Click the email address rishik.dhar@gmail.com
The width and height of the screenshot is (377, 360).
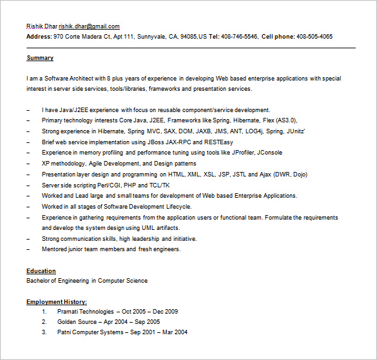click(89, 26)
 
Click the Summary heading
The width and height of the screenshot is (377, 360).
click(40, 58)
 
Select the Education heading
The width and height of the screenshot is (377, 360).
click(41, 271)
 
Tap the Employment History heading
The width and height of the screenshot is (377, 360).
click(57, 301)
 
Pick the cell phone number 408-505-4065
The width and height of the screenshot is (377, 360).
click(314, 37)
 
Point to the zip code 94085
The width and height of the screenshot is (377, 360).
click(188, 37)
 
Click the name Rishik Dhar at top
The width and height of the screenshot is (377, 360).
click(41, 26)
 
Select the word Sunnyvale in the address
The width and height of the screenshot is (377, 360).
click(151, 37)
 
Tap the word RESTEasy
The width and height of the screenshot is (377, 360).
click(218, 142)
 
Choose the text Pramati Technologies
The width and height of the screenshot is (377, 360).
click(85, 312)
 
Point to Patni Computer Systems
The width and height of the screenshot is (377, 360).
click(90, 332)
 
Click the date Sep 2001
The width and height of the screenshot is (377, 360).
click(143, 332)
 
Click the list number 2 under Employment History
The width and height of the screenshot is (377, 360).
click(44, 322)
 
